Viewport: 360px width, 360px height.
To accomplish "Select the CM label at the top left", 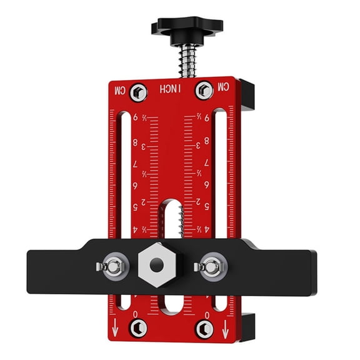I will point(119,91).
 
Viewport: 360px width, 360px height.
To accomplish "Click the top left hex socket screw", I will point(140,92).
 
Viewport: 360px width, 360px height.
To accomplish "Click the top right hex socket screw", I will point(202,91).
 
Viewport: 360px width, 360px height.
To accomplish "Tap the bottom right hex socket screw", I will point(203,327).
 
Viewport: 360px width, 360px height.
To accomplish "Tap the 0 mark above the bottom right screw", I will point(207,314).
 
